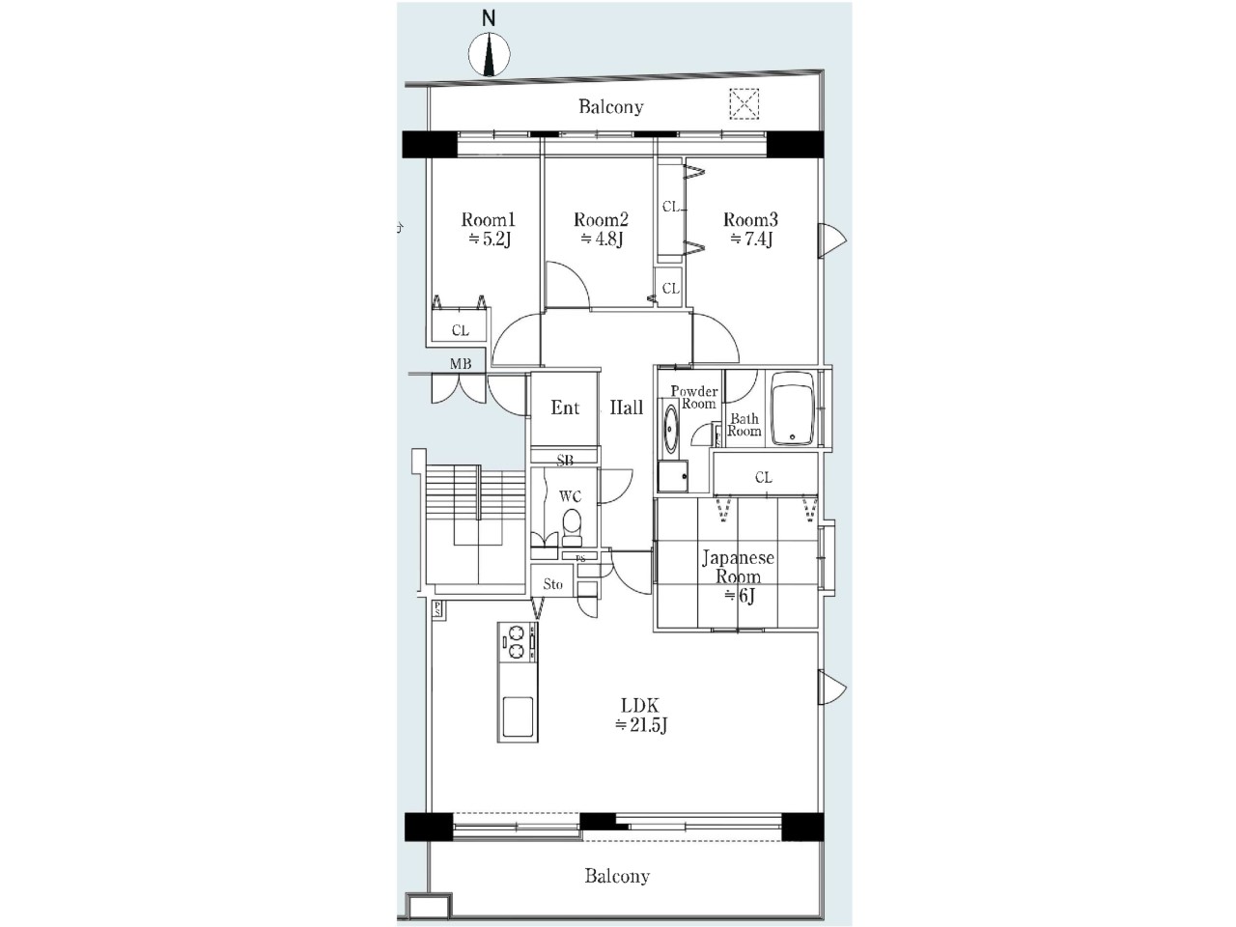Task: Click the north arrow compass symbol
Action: pos(489,54)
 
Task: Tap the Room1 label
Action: pos(489,219)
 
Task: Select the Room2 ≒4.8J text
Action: pos(602,229)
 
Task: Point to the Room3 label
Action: pos(750,219)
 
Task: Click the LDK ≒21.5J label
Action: pos(641,715)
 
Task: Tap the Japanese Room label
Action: pos(738,567)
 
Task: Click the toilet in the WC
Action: pos(572,527)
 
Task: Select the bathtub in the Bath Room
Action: pos(793,407)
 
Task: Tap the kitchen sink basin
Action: pos(518,716)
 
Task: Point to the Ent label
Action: pos(565,407)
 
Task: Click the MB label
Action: pos(461,364)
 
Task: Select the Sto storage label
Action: pos(553,584)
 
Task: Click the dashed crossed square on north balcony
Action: pos(744,104)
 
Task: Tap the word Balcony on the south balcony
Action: pos(617,876)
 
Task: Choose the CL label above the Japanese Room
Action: pos(764,477)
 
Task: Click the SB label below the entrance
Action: pos(565,460)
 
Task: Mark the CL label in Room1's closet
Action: pos(461,330)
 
